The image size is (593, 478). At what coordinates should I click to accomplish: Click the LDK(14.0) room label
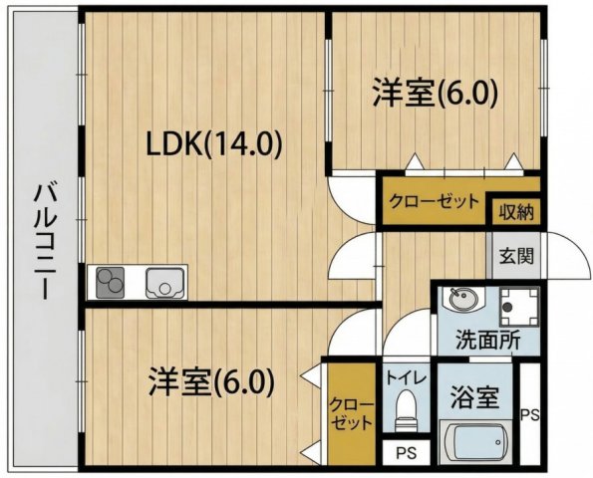click(215, 145)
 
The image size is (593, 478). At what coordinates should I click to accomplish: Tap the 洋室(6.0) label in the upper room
click(435, 93)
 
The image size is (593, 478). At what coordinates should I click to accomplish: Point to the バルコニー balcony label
click(44, 240)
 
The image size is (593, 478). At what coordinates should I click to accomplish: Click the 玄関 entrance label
click(516, 254)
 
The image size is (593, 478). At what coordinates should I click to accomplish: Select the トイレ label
click(405, 378)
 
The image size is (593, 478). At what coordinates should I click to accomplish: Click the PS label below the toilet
click(405, 453)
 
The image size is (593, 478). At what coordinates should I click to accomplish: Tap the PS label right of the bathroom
click(532, 414)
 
